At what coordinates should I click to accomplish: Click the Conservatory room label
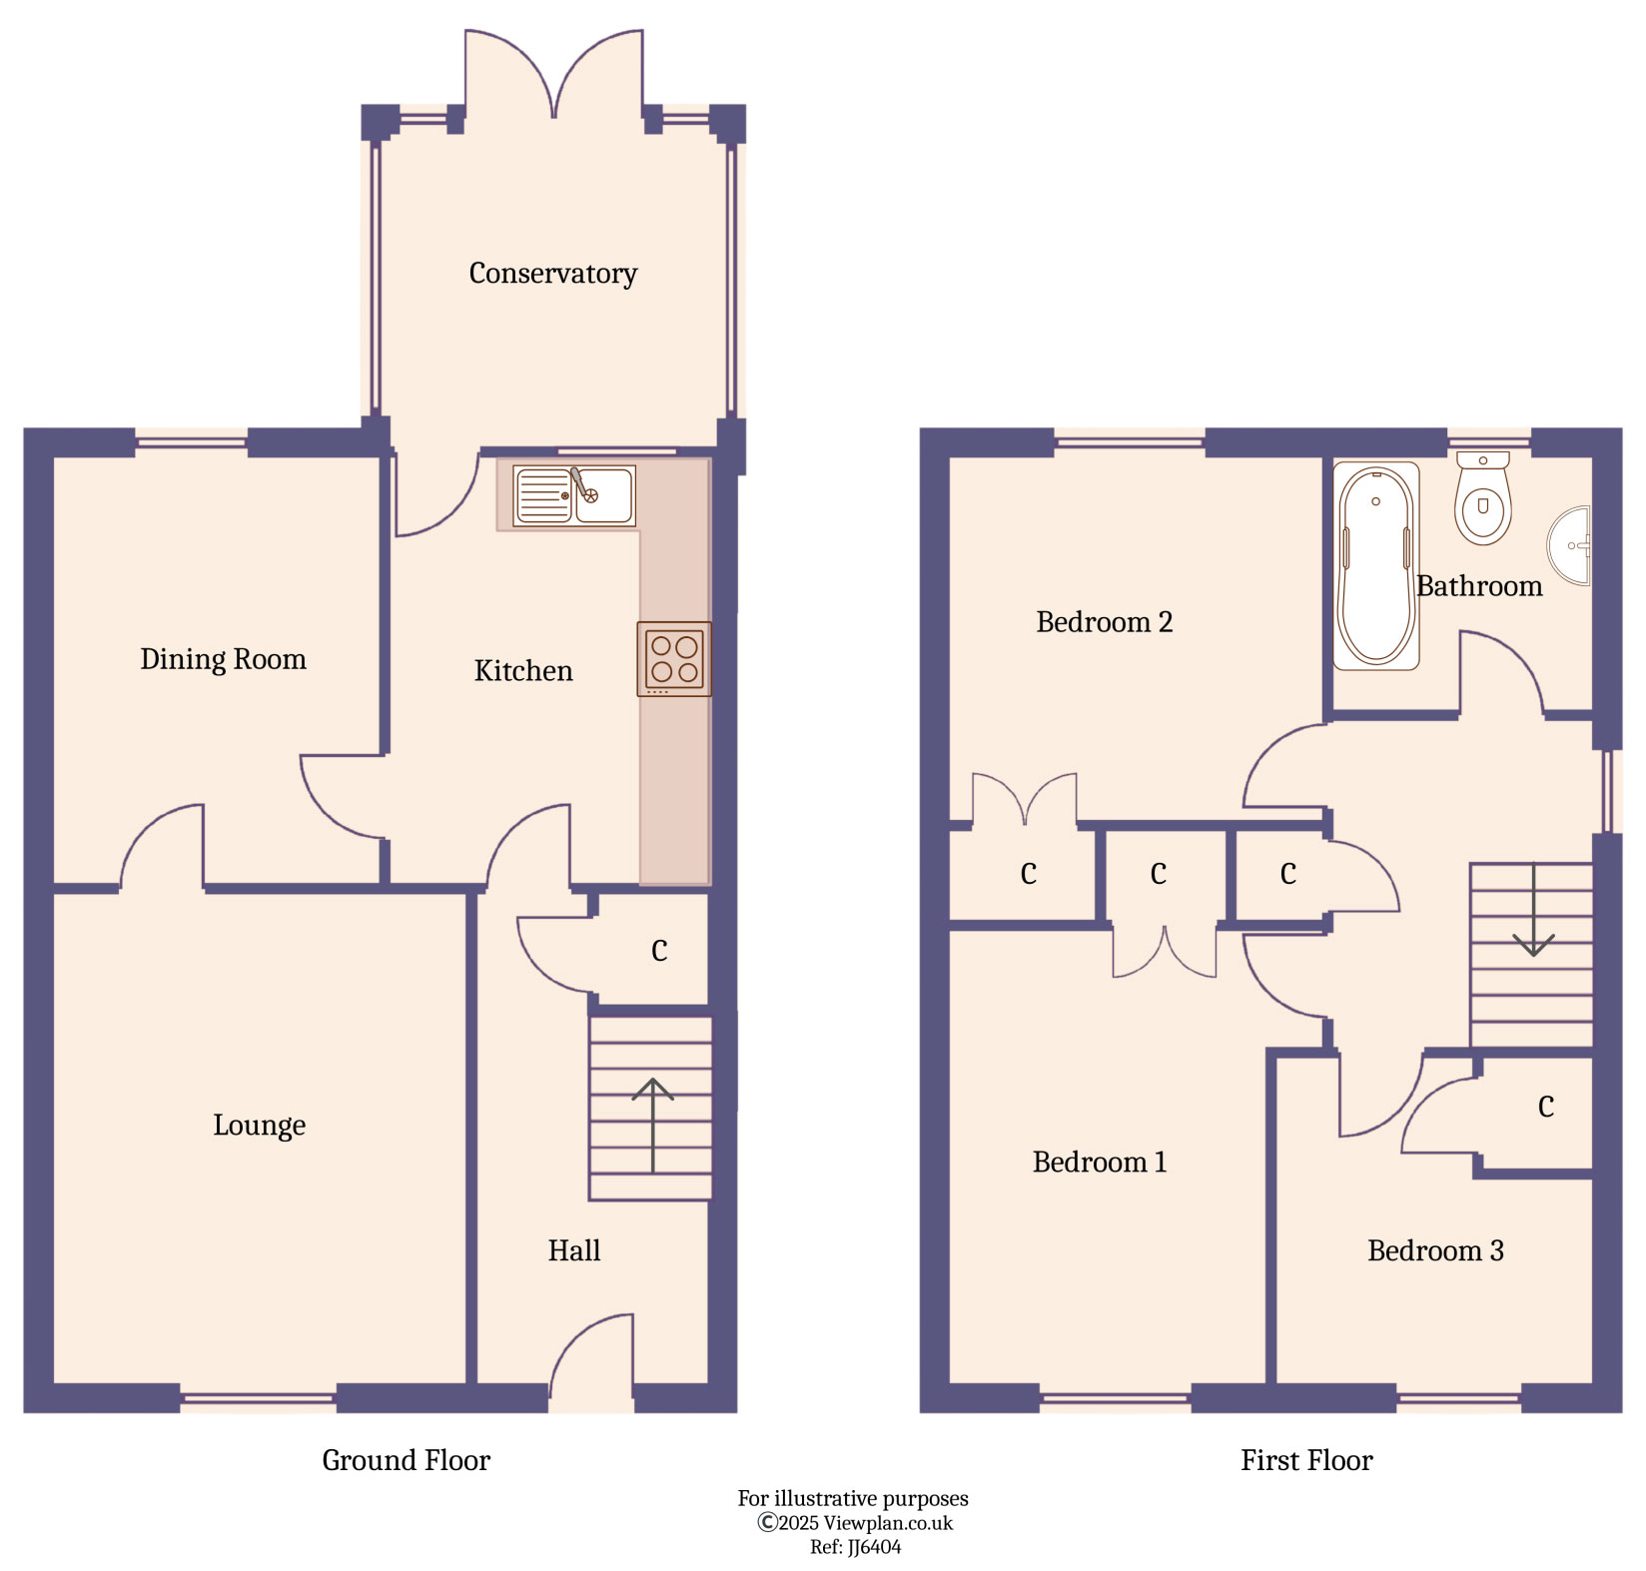point(552,274)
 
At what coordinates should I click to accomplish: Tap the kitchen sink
point(574,495)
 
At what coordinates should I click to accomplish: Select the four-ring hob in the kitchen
point(674,659)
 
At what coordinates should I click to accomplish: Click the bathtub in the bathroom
point(1375,566)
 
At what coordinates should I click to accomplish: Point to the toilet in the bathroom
point(1482,499)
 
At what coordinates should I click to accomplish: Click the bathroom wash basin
point(1571,545)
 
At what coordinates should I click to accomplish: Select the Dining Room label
point(223,659)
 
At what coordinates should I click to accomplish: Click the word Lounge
point(259,1126)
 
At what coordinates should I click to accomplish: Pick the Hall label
point(573,1250)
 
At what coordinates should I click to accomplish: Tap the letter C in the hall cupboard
point(659,950)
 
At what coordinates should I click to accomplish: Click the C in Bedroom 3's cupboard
point(1545,1107)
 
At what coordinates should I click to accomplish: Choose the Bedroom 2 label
point(1104,622)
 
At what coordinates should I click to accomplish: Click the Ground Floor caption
point(406,1460)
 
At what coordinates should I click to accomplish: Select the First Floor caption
point(1306,1460)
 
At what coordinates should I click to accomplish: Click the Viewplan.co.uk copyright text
point(855,1523)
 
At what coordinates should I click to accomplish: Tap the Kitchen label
point(523,671)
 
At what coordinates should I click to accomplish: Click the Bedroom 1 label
point(1099,1163)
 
